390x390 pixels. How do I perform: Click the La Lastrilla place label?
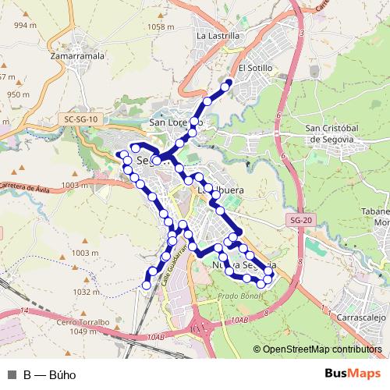218,36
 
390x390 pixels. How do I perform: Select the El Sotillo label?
256,68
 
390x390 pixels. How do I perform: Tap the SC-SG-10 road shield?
82,119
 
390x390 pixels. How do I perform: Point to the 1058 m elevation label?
160,27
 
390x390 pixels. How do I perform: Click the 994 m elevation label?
26,26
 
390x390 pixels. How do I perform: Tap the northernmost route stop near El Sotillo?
229,85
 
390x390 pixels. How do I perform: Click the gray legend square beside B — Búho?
12,374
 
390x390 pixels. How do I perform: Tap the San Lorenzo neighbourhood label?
175,122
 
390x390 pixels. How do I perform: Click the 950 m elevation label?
18,95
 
